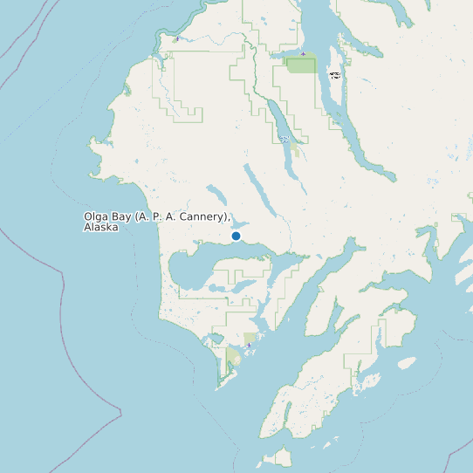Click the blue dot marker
[x=236, y=236]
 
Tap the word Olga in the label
[x=96, y=216]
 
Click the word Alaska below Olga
[x=100, y=227]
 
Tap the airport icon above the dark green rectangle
[x=302, y=53]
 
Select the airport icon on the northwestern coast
[x=177, y=39]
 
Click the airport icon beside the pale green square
[x=249, y=346]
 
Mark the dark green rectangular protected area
[x=302, y=65]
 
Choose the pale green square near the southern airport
[x=250, y=338]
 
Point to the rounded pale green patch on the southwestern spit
[x=233, y=357]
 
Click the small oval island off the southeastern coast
[x=407, y=362]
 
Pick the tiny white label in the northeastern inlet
[x=335, y=75]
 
